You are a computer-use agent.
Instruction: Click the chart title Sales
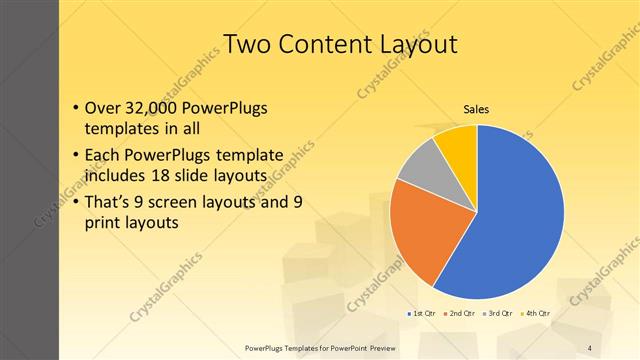(x=475, y=109)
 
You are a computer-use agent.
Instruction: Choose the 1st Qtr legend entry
(x=421, y=313)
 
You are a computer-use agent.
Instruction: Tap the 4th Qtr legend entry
(x=537, y=313)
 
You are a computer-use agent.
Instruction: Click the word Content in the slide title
(x=335, y=44)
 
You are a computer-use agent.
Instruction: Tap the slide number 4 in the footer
(x=590, y=348)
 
